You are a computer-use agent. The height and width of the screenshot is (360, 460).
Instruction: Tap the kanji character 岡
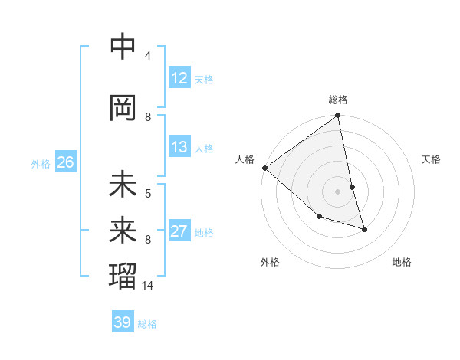pos(123,106)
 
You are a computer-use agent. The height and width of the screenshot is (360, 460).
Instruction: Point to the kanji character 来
pos(123,228)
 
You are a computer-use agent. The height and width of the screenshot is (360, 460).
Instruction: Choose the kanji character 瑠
pos(123,273)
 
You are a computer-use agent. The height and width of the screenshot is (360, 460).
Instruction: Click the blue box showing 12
pos(179,78)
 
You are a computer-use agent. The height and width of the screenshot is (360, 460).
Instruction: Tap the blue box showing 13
pos(179,147)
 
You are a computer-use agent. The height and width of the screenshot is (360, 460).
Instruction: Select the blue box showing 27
pos(179,232)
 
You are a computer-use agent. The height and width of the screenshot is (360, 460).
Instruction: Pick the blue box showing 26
pos(65,162)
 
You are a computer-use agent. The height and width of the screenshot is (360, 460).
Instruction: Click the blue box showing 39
pos(123,322)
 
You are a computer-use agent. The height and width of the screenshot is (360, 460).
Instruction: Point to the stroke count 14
pos(149,285)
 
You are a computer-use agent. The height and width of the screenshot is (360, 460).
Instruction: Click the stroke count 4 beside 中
pos(148,55)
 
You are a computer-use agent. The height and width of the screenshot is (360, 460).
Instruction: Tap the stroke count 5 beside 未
pos(148,193)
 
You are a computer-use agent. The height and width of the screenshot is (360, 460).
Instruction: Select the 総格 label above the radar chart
pos(338,100)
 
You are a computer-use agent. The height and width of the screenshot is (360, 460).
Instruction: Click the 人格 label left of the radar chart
pos(245,159)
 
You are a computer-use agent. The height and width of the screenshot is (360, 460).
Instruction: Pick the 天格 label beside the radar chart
pos(432,159)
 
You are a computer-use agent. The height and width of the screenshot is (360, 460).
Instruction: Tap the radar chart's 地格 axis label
pos(402,262)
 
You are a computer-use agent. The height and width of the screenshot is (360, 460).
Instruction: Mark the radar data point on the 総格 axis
pos(338,116)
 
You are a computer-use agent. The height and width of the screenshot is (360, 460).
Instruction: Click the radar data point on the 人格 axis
pos(264,168)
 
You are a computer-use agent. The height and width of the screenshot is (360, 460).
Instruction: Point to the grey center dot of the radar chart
pos(338,191)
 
